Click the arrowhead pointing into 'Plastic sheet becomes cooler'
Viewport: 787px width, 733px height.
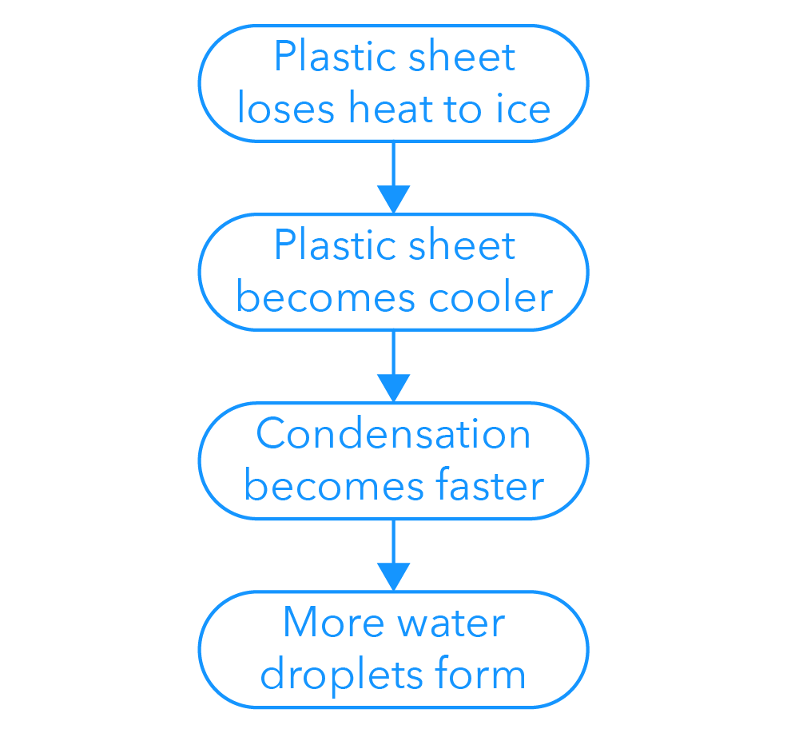393,198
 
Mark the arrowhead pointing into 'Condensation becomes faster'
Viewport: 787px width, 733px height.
393,387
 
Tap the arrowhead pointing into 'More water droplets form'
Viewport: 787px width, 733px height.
393,576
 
